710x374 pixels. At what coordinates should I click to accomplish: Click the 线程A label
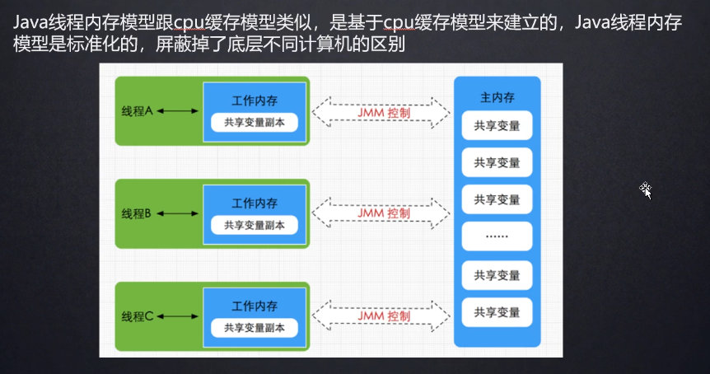[138, 110]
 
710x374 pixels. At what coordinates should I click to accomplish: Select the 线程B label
[138, 213]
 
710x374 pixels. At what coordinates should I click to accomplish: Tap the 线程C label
[138, 316]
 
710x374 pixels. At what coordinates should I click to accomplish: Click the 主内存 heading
[497, 97]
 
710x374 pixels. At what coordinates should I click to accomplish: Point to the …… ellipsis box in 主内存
[497, 237]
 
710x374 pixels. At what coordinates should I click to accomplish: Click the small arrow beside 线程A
[179, 110]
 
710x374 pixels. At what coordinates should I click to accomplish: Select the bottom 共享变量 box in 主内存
[497, 312]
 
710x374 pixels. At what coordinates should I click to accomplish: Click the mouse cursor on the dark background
[646, 190]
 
